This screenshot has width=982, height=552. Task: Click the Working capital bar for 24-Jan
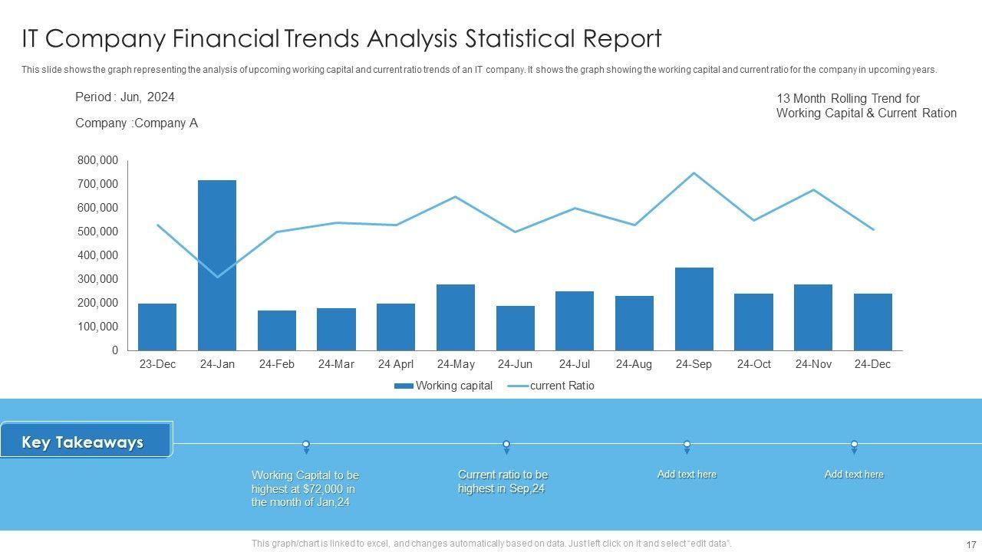[x=217, y=265]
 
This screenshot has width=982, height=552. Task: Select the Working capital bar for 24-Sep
[x=694, y=309]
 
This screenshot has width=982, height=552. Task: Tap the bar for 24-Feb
[x=277, y=330]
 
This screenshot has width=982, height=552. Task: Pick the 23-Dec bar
[x=157, y=327]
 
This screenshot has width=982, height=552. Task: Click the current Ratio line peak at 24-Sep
[x=694, y=173]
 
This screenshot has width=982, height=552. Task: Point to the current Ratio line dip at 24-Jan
[x=217, y=277]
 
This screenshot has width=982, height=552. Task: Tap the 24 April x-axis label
[x=396, y=364]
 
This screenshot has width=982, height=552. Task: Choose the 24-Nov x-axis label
[x=813, y=364]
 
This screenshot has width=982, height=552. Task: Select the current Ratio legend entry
[x=552, y=386]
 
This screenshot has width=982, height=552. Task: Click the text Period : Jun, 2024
[x=125, y=97]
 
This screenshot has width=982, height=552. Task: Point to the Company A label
[x=137, y=123]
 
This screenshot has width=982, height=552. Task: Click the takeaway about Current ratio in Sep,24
[x=503, y=481]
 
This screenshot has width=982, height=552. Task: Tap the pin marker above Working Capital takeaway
[x=306, y=445]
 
